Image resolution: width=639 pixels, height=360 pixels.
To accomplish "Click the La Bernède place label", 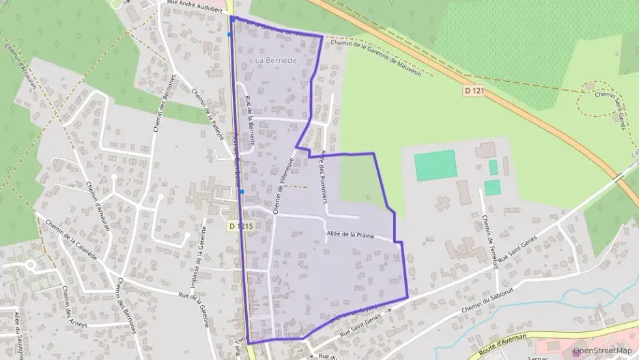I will coord(276,61).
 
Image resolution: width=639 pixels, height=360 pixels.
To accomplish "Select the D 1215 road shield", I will coord(240,225).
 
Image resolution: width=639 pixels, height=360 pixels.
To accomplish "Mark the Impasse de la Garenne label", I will coord(199,255).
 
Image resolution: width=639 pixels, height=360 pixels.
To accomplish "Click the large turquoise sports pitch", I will coord(436,165).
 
